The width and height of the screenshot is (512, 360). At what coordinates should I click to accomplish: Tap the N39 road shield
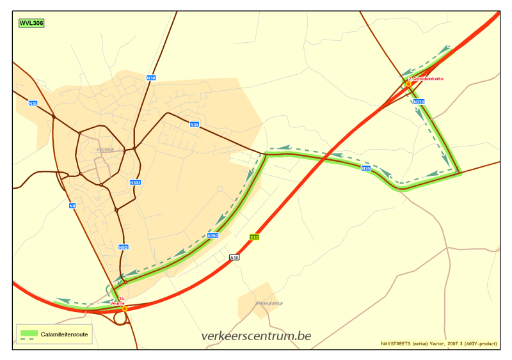pyautogui.click(x=151, y=78)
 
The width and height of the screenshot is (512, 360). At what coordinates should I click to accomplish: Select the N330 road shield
pyautogui.click(x=419, y=102)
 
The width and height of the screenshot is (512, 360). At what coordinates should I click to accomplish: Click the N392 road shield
pyautogui.click(x=135, y=183)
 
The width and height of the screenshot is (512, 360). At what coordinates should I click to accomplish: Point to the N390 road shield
pyautogui.click(x=213, y=236)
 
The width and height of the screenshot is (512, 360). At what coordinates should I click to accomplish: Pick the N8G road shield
pyautogui.click(x=124, y=247)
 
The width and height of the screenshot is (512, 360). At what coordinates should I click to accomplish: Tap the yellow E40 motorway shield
pyautogui.click(x=254, y=237)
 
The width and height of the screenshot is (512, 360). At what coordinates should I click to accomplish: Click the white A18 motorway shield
pyautogui.click(x=234, y=258)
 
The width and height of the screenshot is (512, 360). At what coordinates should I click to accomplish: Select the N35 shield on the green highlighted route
pyautogui.click(x=365, y=168)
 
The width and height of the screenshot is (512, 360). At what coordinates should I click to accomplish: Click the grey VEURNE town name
pyautogui.click(x=105, y=150)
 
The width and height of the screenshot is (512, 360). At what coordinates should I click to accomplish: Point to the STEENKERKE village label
pyautogui.click(x=269, y=303)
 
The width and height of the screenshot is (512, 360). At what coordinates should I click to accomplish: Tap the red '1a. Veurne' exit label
pyautogui.click(x=118, y=301)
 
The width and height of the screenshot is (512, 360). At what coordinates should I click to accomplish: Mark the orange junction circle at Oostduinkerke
pyautogui.click(x=408, y=84)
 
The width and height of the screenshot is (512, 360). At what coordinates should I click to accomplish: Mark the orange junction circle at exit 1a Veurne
pyautogui.click(x=125, y=308)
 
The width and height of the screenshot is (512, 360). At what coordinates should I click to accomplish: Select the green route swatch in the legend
pyautogui.click(x=29, y=333)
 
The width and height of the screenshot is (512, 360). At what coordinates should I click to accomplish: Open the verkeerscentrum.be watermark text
pyautogui.click(x=256, y=336)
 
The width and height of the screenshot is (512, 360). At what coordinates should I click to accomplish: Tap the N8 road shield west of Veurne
pyautogui.click(x=72, y=205)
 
